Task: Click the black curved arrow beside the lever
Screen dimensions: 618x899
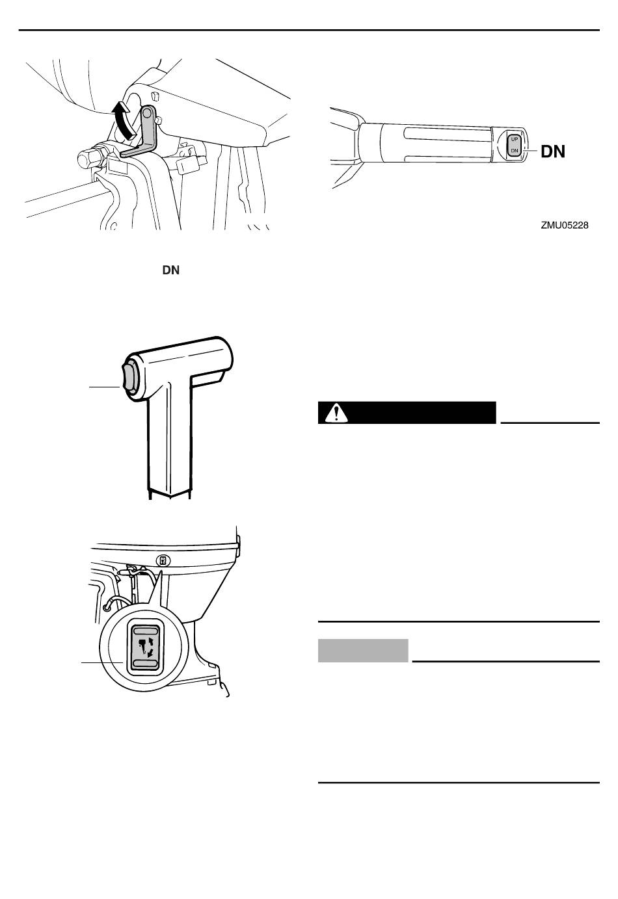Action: click(x=122, y=120)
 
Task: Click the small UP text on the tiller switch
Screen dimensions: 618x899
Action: click(x=515, y=139)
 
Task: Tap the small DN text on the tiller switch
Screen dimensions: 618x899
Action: click(x=515, y=151)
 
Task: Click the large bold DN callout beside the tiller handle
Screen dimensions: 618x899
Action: click(x=553, y=151)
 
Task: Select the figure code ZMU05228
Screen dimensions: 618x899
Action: click(x=564, y=225)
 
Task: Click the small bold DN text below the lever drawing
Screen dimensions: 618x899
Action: click(x=170, y=270)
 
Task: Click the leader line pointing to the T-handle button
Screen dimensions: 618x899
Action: click(x=104, y=387)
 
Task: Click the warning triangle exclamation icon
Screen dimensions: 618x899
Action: click(x=336, y=413)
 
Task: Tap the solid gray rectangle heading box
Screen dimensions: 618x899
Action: click(x=363, y=650)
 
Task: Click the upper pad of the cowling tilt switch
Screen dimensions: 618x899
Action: click(x=145, y=631)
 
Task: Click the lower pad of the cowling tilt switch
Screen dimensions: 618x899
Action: click(x=145, y=663)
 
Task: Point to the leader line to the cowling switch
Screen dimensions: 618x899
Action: click(x=102, y=662)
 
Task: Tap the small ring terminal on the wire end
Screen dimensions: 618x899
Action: click(x=105, y=608)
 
